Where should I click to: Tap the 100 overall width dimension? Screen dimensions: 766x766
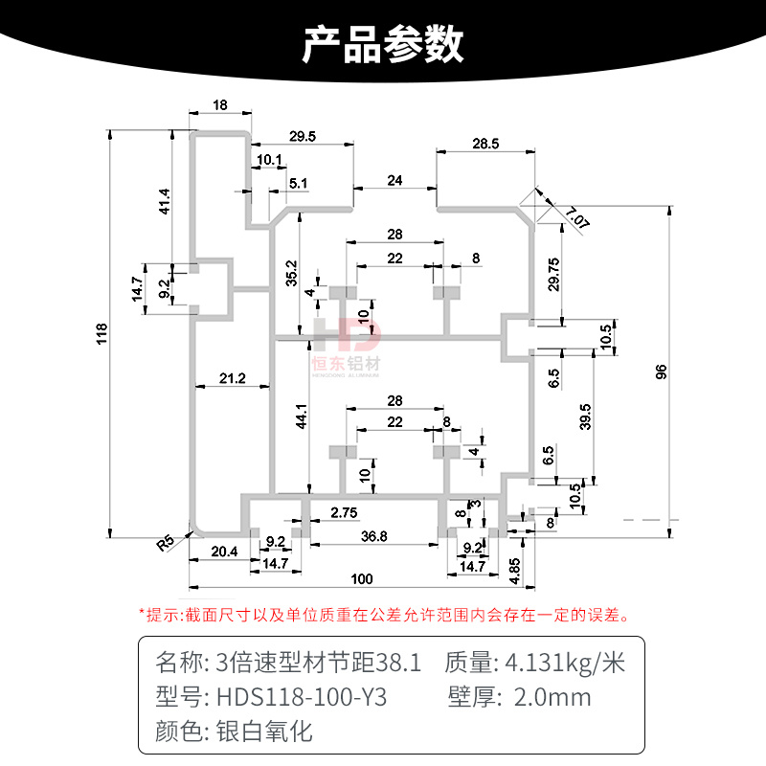[361, 578]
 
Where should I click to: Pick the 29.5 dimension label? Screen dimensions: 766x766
[302, 137]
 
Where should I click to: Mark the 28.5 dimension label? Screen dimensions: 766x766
[485, 145]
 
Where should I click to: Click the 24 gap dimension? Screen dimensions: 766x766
[394, 180]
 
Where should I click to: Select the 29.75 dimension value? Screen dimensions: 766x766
[552, 273]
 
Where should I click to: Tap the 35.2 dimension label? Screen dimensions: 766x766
[291, 274]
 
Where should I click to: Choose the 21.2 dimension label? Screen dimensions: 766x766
[232, 379]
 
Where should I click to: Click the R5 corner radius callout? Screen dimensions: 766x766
[166, 542]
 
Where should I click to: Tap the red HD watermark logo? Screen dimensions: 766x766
[347, 337]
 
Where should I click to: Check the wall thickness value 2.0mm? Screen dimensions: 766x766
[552, 696]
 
